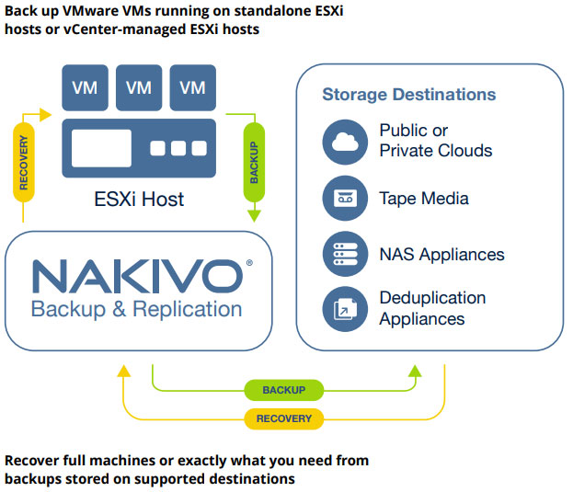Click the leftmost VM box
tap(85, 87)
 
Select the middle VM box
tap(139, 87)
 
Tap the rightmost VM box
tap(193, 87)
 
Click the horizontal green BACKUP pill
tap(283, 390)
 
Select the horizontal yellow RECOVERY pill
tap(283, 418)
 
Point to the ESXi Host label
tap(139, 199)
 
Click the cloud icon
tap(345, 142)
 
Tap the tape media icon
tap(345, 199)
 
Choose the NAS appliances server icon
tap(345, 255)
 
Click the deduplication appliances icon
tap(345, 309)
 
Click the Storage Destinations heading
tap(408, 95)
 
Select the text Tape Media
tap(424, 199)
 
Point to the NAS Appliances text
tap(441, 255)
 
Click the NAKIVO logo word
tap(136, 276)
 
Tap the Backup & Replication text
tap(136, 308)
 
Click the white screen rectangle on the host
tap(101, 148)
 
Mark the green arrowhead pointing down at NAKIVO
tap(252, 217)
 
